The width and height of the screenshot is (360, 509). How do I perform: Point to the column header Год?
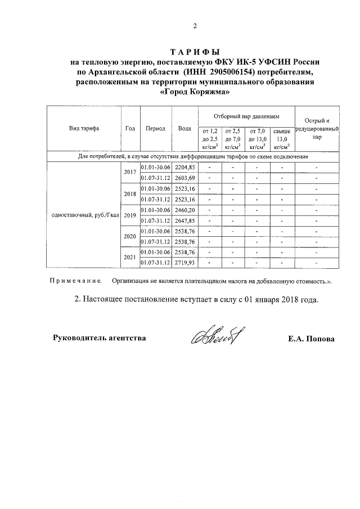pos(130,128)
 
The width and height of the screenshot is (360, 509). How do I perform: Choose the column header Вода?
pos(184,128)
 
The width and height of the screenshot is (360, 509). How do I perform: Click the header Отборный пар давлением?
pos(246,116)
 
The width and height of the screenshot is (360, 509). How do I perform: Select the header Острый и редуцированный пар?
pos(317,129)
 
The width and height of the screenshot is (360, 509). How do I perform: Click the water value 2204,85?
pos(184,168)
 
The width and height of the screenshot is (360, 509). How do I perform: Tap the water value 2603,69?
pos(184,178)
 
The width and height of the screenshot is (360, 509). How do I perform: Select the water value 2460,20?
pos(184,210)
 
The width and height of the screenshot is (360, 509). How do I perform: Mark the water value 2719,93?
pos(184,263)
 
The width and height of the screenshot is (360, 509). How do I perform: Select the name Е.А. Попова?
pos(310,339)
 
